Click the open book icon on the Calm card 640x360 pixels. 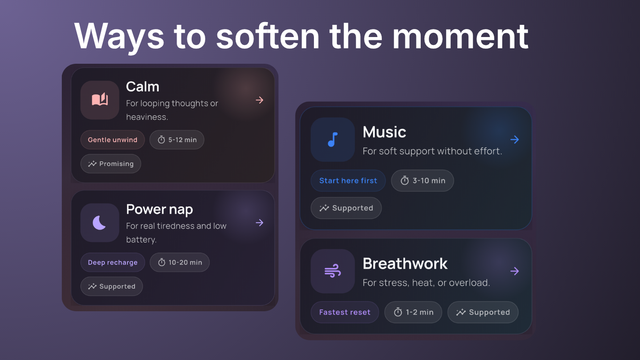pos(100,100)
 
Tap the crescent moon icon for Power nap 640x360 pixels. pos(100,223)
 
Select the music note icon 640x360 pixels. pos(333,139)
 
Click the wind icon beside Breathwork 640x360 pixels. pos(333,271)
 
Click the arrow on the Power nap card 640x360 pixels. pos(260,223)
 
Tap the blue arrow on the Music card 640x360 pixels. pos(514,139)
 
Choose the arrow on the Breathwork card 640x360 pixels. pos(514,271)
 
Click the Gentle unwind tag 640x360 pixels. pos(112,140)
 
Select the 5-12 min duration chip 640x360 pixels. pos(177,140)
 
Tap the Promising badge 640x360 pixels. pos(111,164)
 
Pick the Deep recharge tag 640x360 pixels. pos(112,262)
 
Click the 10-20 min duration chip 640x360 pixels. pos(179,262)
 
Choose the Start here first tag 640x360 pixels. pos(348,180)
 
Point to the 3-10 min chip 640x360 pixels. pos(422,180)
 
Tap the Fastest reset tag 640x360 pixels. pos(344,312)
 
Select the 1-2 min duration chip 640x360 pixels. pos(413,312)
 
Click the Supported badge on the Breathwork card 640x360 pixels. pos(483,312)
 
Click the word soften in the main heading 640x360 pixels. pos(268,36)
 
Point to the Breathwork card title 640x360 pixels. pos(405,263)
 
